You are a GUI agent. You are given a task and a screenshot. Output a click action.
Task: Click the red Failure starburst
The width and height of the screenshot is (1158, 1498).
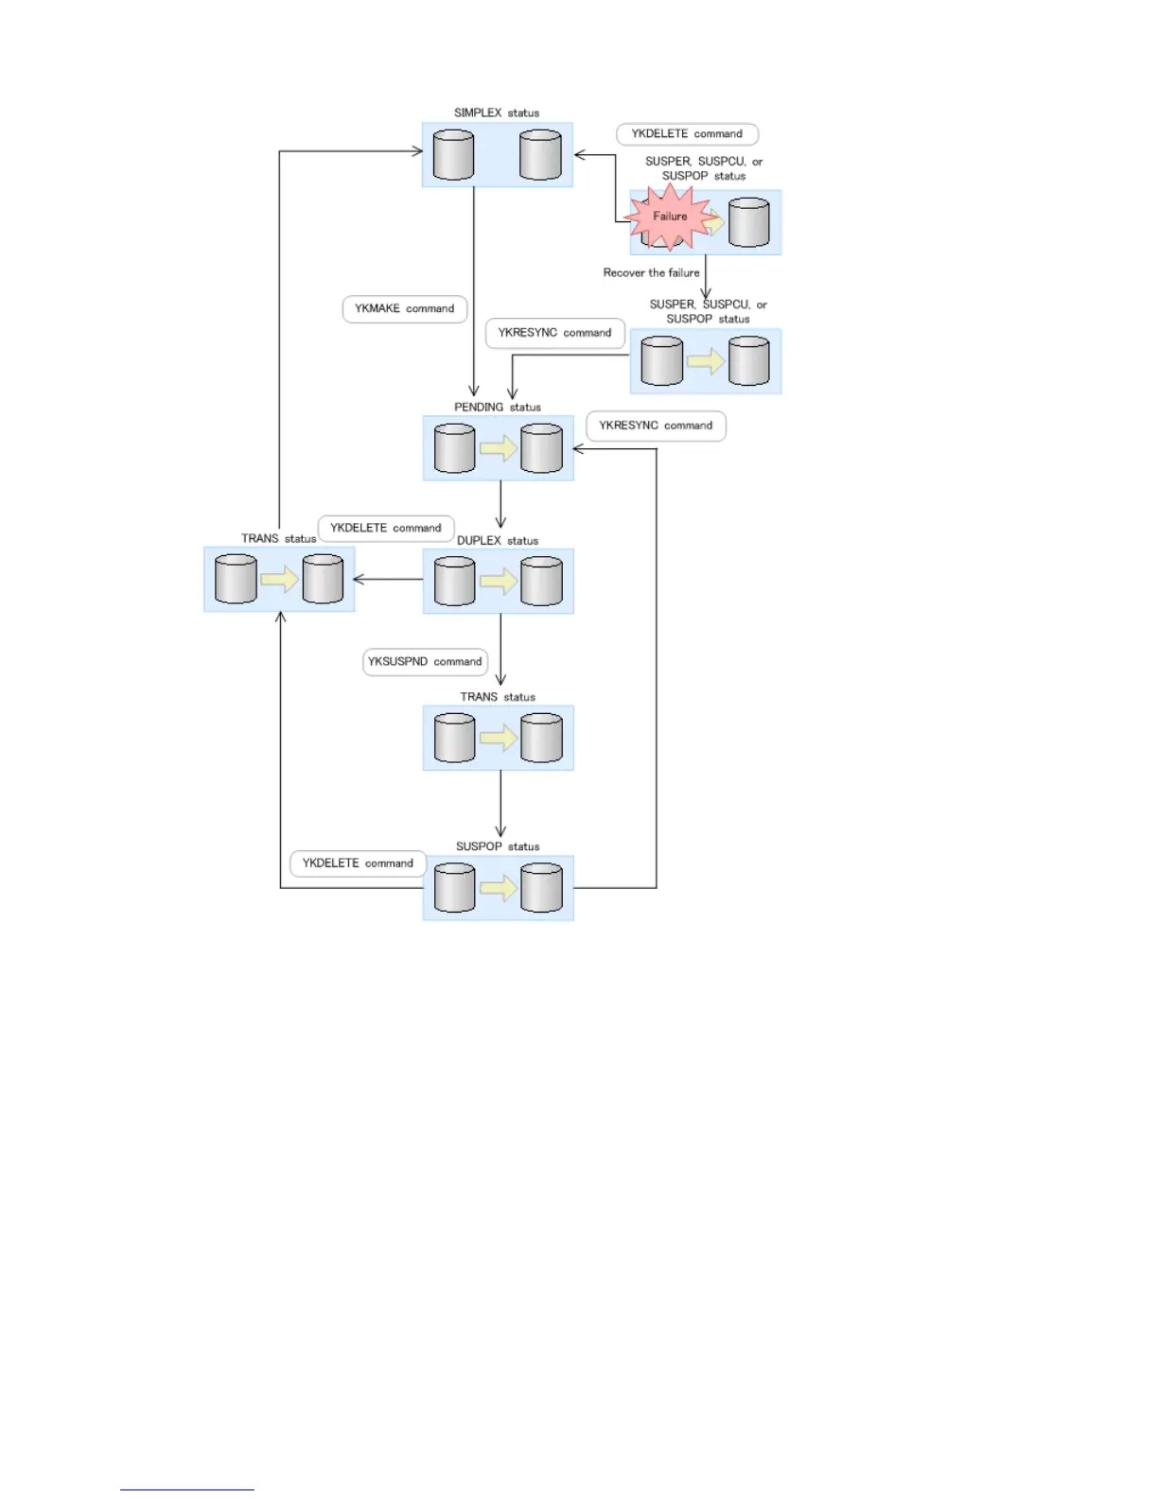tap(670, 217)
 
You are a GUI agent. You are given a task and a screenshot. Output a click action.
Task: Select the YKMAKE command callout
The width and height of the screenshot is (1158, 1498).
tap(404, 309)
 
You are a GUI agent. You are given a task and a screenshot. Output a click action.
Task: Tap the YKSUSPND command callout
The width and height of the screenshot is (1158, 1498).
tap(425, 662)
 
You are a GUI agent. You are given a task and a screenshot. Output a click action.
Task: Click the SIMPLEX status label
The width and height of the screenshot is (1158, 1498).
tap(497, 113)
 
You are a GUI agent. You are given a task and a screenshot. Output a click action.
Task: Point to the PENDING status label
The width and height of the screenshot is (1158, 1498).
tap(498, 408)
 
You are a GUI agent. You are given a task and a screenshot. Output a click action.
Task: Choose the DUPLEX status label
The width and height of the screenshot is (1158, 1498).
tap(498, 541)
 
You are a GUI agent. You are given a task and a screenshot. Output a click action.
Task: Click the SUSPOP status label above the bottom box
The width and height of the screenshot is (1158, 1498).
tap(498, 846)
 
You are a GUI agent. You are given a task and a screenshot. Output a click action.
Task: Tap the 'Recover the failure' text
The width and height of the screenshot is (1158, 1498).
tap(651, 273)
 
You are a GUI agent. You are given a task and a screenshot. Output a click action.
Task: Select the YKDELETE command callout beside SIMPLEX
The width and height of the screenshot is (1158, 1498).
tap(687, 134)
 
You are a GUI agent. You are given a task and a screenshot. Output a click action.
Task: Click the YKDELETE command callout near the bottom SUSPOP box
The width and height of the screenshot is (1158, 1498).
tap(358, 863)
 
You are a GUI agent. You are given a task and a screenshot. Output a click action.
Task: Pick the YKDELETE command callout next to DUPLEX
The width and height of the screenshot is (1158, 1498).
tap(386, 528)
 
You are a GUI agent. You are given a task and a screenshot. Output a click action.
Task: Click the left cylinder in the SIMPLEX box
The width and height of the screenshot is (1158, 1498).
tap(453, 155)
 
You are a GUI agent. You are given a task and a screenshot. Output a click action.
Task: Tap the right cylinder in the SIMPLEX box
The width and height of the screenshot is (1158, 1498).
tap(540, 155)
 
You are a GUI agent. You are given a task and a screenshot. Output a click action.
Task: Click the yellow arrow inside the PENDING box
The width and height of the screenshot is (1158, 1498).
tap(498, 448)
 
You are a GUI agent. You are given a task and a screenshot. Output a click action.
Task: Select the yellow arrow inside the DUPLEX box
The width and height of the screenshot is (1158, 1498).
tap(498, 581)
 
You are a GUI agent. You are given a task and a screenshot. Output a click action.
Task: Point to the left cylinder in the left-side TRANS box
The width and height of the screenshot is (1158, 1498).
tap(236, 579)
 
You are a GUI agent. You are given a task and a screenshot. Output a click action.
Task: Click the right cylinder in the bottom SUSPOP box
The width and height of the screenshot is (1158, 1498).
tap(541, 888)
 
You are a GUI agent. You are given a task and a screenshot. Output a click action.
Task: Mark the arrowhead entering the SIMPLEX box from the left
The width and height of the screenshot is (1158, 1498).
tap(416, 151)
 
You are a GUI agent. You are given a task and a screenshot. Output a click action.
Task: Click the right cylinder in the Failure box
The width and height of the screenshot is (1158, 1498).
tap(748, 222)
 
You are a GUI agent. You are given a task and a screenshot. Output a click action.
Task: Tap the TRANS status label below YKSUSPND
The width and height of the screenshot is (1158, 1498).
tap(498, 697)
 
